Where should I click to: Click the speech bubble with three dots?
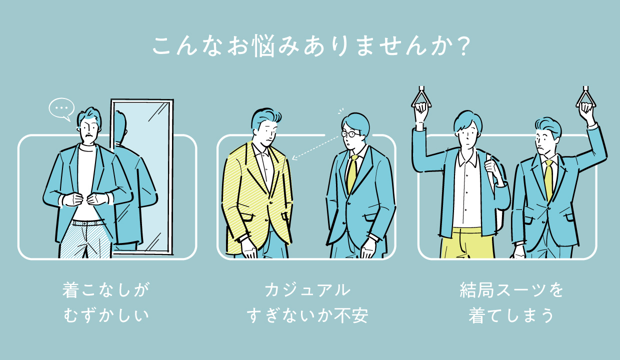(61, 108)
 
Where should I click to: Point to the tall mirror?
(142, 176)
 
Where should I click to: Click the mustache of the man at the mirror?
(88, 136)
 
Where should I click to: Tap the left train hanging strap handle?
(421, 97)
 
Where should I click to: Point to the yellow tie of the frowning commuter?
(548, 180)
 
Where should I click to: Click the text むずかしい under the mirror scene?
(106, 315)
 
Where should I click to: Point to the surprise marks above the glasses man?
(340, 111)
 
